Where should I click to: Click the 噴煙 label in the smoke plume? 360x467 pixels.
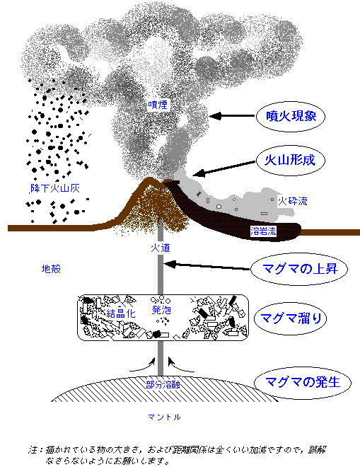(x=158, y=105)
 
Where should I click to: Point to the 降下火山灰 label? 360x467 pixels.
(x=55, y=188)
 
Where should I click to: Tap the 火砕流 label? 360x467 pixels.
(x=292, y=201)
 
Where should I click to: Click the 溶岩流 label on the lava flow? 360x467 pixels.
(x=263, y=231)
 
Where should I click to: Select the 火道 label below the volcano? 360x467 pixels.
(x=161, y=248)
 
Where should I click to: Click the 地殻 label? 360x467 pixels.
(x=51, y=269)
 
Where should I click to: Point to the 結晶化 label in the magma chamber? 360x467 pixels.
(x=121, y=313)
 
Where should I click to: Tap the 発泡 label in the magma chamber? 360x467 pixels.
(x=161, y=310)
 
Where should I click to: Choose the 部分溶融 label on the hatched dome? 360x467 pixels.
(x=163, y=385)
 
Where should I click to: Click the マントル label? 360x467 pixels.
(x=164, y=417)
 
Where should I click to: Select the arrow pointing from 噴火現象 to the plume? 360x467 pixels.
(x=232, y=116)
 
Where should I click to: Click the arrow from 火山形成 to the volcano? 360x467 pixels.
(x=224, y=168)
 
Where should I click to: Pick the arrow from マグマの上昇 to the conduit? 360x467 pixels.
(x=207, y=266)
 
